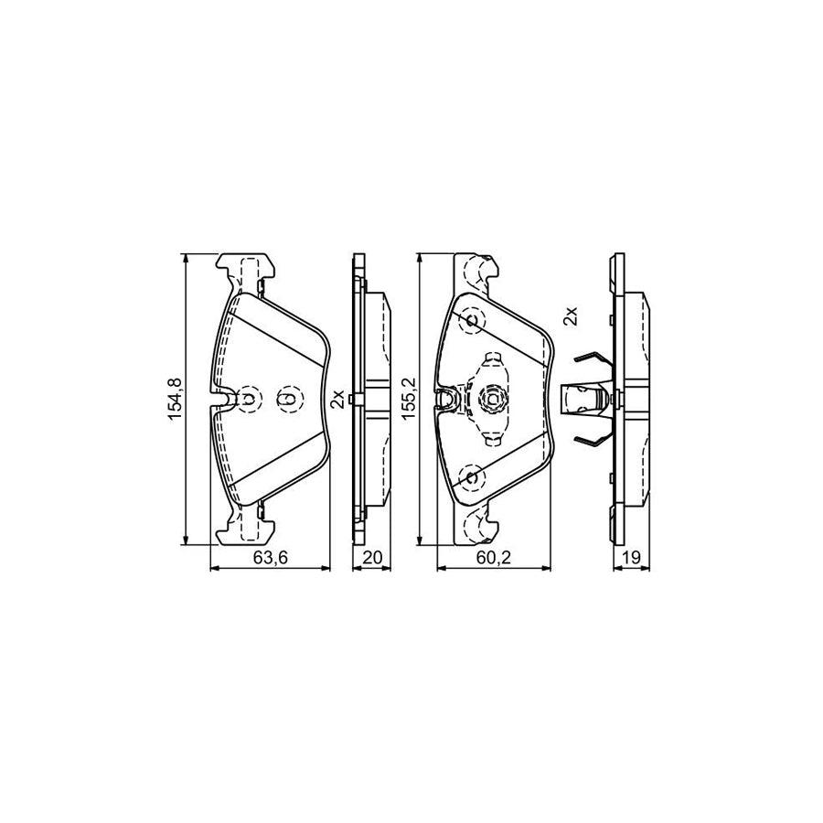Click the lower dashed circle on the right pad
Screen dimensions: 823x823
click(472, 476)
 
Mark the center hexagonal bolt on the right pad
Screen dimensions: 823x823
click(492, 399)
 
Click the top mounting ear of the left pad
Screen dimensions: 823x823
click(246, 269)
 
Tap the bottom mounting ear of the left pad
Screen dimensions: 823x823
click(246, 528)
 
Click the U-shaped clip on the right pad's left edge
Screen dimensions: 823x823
click(446, 399)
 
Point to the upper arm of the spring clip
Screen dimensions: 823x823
click(590, 359)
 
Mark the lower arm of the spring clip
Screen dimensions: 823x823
click(590, 441)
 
